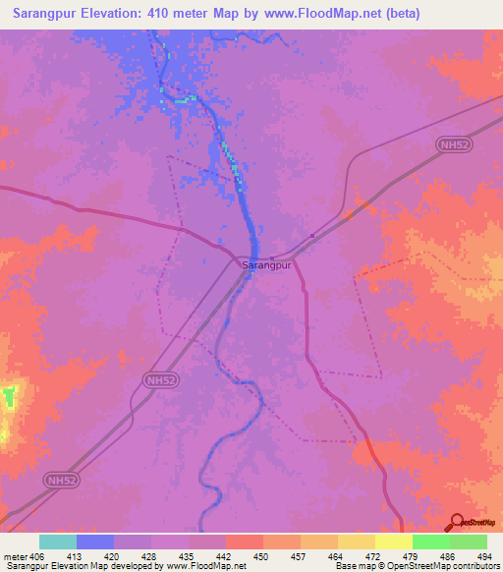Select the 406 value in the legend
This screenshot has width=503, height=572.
tap(37, 557)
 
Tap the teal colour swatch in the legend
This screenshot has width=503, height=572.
tap(58, 542)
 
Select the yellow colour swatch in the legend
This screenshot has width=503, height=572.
tap(393, 542)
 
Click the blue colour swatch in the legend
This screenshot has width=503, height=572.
tap(95, 542)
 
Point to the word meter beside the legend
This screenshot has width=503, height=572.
tap(15, 557)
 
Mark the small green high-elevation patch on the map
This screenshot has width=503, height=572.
tap(10, 397)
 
